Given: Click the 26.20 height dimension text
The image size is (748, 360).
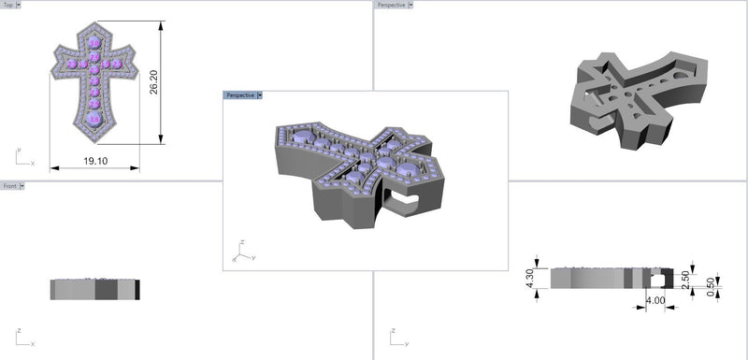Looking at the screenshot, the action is tap(153, 82).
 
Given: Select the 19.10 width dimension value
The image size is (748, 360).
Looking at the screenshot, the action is tap(95, 161).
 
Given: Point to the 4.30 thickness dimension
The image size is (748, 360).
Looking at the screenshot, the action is tap(530, 279).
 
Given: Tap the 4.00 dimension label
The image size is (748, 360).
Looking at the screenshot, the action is tap(655, 301).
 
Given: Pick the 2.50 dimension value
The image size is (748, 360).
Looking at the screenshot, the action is tap(686, 280).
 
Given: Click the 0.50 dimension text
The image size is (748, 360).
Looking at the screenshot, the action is tap(712, 287).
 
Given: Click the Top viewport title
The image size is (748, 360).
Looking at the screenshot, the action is tap(8, 5).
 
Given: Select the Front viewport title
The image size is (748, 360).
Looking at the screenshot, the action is tap(10, 186).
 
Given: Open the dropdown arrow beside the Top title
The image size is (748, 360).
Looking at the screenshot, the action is tap(19, 5).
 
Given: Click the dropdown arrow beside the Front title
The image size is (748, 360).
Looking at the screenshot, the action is tap(22, 186).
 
